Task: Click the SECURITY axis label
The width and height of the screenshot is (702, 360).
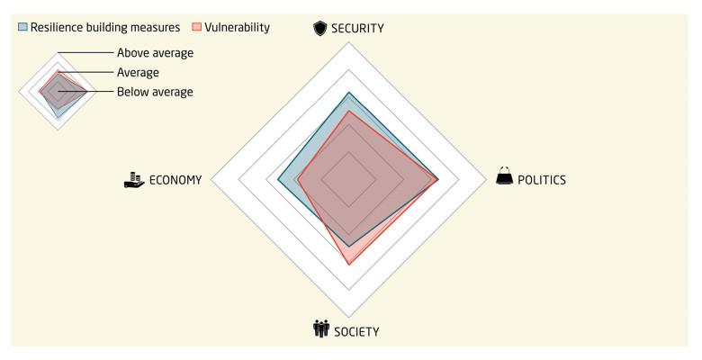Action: tap(358, 28)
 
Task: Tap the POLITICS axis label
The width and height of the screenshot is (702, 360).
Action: tap(541, 179)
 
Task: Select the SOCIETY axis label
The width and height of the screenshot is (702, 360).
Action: tap(356, 331)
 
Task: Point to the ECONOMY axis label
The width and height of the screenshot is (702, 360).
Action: tap(175, 179)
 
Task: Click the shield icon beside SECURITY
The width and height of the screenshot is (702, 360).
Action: tap(319, 28)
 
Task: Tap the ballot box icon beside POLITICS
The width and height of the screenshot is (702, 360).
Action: tap(505, 177)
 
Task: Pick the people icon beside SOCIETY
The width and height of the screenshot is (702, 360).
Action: tap(320, 329)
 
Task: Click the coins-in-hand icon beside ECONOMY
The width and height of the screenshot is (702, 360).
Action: tap(134, 179)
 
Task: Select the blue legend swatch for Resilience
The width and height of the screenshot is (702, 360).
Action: tap(22, 27)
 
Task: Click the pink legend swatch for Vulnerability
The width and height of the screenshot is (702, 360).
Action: tap(199, 27)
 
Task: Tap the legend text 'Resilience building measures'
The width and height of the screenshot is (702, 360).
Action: tap(105, 27)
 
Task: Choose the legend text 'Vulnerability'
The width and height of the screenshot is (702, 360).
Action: tap(238, 27)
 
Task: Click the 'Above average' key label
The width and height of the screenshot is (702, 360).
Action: tap(155, 52)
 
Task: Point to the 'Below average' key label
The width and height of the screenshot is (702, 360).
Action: tap(154, 92)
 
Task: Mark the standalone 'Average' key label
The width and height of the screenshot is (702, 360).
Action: tap(138, 72)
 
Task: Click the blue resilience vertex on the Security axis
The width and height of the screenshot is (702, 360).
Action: tap(348, 92)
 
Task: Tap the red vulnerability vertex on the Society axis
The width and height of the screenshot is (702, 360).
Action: tap(348, 265)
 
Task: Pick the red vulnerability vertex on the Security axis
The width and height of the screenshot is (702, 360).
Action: tap(348, 111)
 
